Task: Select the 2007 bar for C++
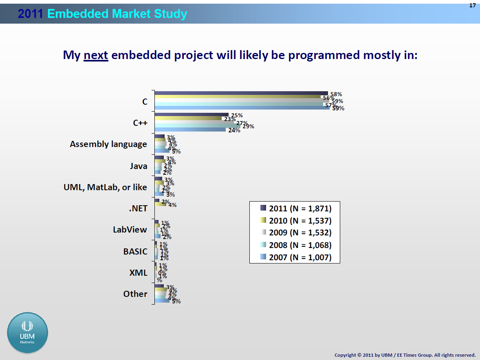[x=190, y=130]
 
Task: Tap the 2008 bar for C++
[x=197, y=126]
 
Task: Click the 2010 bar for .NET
[x=160, y=204]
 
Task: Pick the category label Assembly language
[x=108, y=144]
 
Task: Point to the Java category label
[x=139, y=166]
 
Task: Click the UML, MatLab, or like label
[x=105, y=187]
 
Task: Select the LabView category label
[x=130, y=230]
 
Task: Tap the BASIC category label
[x=135, y=251]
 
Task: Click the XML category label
[x=138, y=273]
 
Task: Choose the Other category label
[x=135, y=294]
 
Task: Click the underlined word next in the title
[x=96, y=55]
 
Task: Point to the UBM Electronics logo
[x=27, y=333]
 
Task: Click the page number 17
[x=472, y=5]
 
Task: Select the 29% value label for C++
[x=248, y=126]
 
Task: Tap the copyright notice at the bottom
[x=405, y=355]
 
